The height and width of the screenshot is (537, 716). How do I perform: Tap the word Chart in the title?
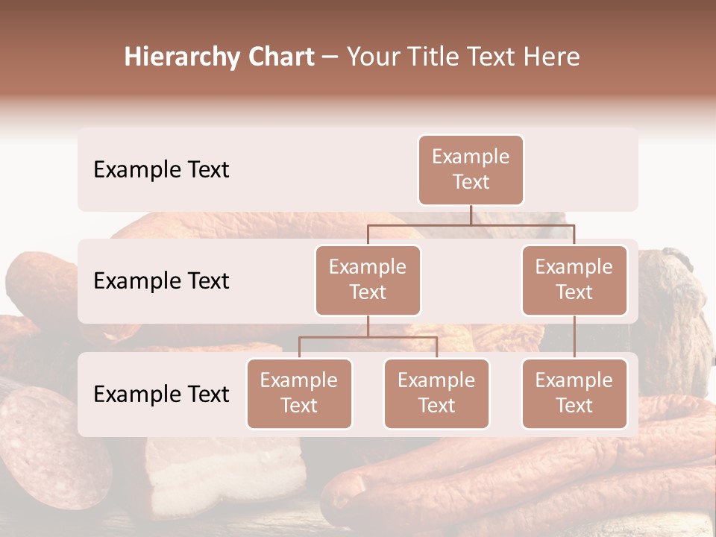tap(278, 57)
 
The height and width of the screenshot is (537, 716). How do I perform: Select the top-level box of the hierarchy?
tap(471, 170)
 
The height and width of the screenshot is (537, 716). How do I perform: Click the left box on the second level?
tap(368, 280)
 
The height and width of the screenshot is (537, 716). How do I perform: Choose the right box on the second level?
tap(574, 280)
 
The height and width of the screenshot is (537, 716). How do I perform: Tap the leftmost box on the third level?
tap(299, 393)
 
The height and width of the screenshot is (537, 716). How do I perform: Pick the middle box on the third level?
tap(436, 393)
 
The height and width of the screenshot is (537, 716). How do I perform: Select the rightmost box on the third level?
tap(574, 393)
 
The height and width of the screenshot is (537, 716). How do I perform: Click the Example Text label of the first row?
tap(161, 170)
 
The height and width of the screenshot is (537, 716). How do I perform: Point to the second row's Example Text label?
tap(161, 280)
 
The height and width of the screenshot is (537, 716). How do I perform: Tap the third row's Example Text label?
tap(161, 394)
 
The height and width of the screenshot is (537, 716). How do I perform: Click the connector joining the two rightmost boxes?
tap(574, 337)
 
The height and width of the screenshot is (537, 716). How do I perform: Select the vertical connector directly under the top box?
tap(471, 215)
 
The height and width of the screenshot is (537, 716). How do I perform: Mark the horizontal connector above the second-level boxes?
tap(471, 224)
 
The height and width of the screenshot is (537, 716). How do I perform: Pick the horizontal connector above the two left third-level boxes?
tap(368, 338)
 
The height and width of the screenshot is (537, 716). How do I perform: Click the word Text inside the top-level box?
tap(471, 182)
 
